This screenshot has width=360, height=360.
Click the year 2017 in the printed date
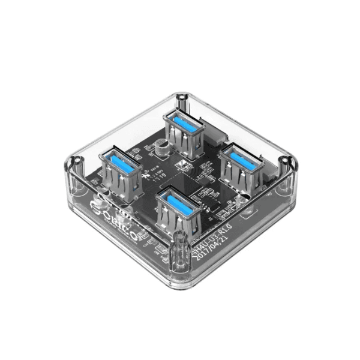pyautogui.click(x=201, y=248)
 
